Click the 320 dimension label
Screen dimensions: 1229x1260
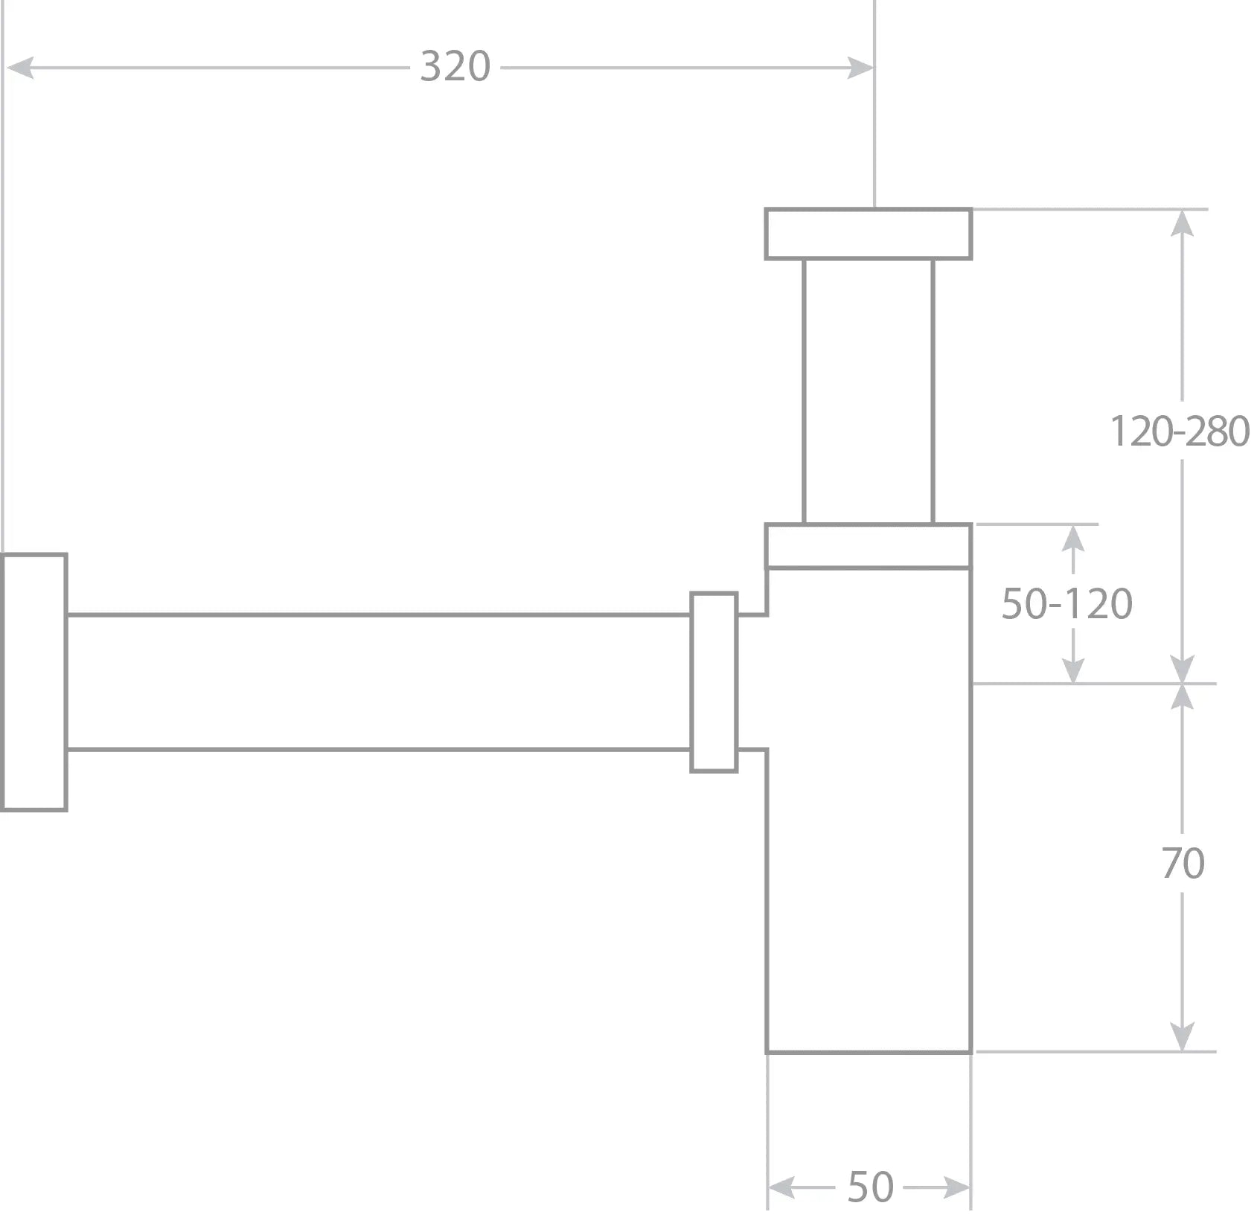pos(455,66)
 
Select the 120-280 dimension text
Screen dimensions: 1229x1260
pos(1179,431)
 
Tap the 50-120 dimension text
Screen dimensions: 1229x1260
pos(1066,603)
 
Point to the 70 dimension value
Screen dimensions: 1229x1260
pos(1182,863)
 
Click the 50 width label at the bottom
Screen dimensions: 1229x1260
pos(869,1187)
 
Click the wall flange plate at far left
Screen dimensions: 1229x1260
pos(34,682)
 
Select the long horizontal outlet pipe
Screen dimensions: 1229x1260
pos(378,682)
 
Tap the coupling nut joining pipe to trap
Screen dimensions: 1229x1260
pos(714,682)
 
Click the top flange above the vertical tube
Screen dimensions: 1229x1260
pos(869,234)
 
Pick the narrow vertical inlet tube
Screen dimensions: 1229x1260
pos(869,391)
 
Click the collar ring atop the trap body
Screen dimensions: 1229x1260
pos(869,546)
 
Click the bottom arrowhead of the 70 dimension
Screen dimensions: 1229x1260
pos(1182,1037)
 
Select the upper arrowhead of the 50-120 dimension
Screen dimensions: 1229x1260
pos(1072,537)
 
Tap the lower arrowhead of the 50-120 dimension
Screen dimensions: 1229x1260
pos(1072,670)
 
